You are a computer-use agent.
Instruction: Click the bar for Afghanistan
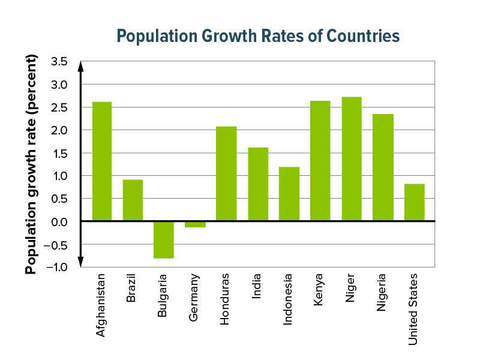pos(101,161)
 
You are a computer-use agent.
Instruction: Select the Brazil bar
pos(133,200)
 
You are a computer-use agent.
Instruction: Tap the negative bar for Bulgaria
pos(164,239)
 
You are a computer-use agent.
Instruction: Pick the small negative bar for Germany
pos(195,224)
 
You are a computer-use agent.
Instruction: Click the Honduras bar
pos(226,174)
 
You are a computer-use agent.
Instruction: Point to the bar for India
pos(258,184)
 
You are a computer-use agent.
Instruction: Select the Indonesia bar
pos(289,194)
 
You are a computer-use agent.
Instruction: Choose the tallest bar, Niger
pos(352,159)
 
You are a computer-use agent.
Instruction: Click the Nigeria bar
pos(383,167)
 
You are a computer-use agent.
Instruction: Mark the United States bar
pos(414,202)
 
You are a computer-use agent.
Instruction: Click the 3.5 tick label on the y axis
pos(59,61)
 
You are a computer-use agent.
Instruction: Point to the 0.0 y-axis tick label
pos(59,222)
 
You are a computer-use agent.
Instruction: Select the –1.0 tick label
pos(57,268)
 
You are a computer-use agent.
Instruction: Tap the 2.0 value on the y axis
pos(59,130)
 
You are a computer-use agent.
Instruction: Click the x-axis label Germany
pos(194,298)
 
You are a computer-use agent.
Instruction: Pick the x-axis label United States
pos(413,309)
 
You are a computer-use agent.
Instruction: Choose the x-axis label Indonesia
pos(289,299)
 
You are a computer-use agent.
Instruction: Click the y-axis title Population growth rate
pos(32,164)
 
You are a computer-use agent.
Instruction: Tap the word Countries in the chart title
pos(362,35)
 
